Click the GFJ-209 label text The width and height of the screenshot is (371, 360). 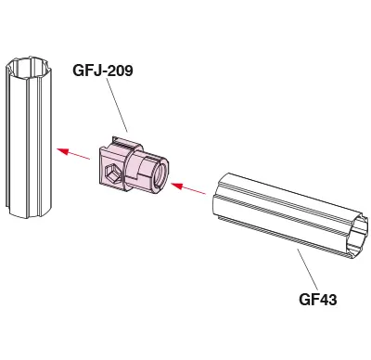[x=103, y=71]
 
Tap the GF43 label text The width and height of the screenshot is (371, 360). [x=318, y=300]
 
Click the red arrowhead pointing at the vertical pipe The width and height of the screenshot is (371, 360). [x=62, y=151]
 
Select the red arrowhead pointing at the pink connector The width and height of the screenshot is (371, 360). [x=176, y=186]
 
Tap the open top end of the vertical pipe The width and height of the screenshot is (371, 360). [x=30, y=67]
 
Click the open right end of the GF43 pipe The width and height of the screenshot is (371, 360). [x=359, y=236]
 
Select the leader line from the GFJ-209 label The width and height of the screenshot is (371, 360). [x=117, y=105]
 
